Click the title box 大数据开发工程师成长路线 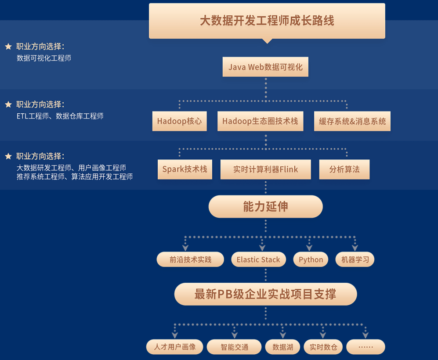point(267,21)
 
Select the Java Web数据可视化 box point(265,67)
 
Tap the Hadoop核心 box point(179,121)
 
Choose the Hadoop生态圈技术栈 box point(260,121)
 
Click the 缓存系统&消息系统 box point(352,121)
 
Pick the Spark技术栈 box point(185,169)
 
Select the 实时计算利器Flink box point(265,169)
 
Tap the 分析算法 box point(344,169)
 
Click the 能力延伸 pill point(265,207)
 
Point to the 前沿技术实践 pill point(190,259)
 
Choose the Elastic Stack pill point(258,259)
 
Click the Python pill point(311,259)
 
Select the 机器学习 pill point(355,259)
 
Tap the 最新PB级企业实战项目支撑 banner point(265,294)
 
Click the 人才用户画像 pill point(174,347)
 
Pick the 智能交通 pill point(234,347)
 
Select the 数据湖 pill point(282,347)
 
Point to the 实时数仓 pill point(323,347)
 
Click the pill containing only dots point(366,347)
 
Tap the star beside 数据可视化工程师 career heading point(8,46)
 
